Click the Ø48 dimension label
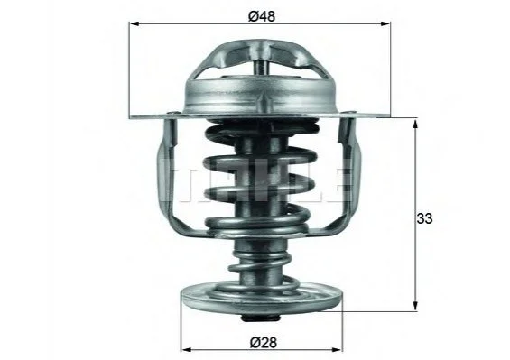pos(262,16)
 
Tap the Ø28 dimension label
pos(264,342)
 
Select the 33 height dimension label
pos(424,218)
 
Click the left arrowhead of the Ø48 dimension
pos(134,23)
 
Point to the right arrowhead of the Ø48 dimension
pos(385,23)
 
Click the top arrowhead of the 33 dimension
pos(415,125)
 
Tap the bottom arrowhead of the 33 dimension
pos(415,306)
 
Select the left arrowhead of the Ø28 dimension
pos(186,350)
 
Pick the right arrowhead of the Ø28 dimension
pos(337,350)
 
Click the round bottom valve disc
pos(262,300)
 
